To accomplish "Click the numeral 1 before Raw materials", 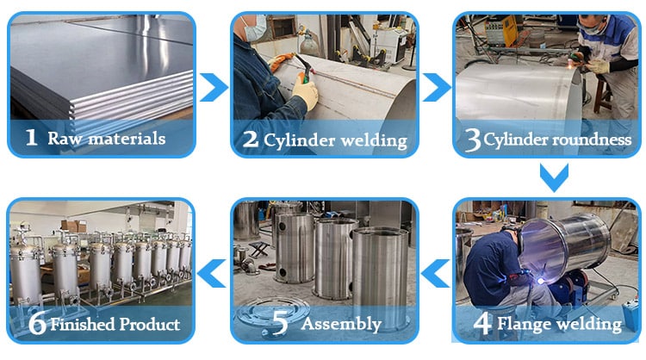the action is (31, 137).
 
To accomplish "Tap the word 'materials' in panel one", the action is (127, 138).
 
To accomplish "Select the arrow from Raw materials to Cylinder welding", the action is (214, 87).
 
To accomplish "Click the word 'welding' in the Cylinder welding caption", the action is (374, 141).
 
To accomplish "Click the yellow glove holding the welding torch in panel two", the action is (305, 92).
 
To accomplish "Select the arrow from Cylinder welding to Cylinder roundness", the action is (437, 87).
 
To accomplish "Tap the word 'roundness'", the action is (592, 140).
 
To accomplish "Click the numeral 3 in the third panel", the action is (473, 140).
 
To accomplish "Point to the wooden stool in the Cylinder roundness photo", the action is (602, 95).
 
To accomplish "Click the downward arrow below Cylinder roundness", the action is (554, 177).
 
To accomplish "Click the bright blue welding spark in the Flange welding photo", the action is (540, 281).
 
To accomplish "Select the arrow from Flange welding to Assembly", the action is (436, 273).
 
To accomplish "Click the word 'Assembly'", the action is (341, 324).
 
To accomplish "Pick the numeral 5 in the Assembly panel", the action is (280, 322).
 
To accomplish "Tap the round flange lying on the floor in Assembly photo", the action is (273, 314).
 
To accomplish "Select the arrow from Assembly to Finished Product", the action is (212, 273).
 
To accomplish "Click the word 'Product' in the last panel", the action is (149, 324).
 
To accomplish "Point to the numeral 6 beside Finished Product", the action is (37, 322).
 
